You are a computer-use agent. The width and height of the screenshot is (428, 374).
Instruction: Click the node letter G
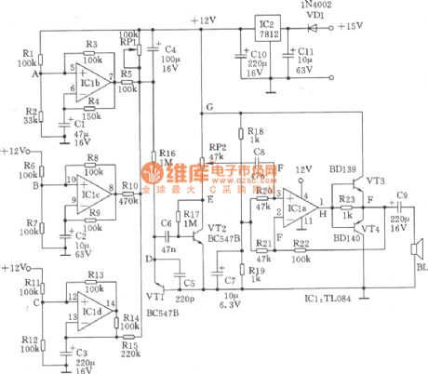pyautogui.click(x=210, y=109)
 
